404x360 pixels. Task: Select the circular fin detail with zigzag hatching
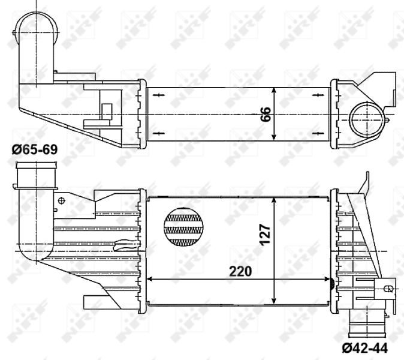coord(183,227)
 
